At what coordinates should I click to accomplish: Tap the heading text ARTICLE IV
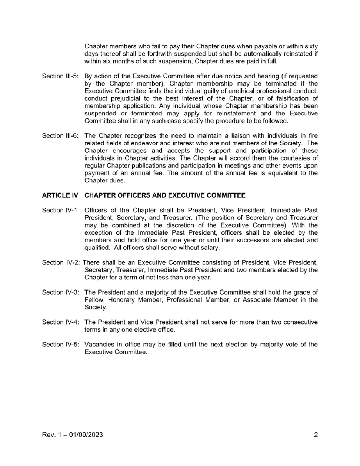tap(60, 195)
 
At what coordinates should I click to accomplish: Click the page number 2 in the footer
tap(316, 435)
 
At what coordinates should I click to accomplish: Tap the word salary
tap(210, 248)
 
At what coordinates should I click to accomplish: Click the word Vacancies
tap(99, 345)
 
